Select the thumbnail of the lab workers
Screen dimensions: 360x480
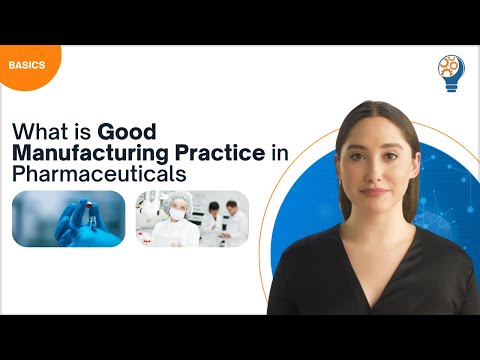pyautogui.click(x=192, y=218)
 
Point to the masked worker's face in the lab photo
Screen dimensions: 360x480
pyautogui.click(x=177, y=211)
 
